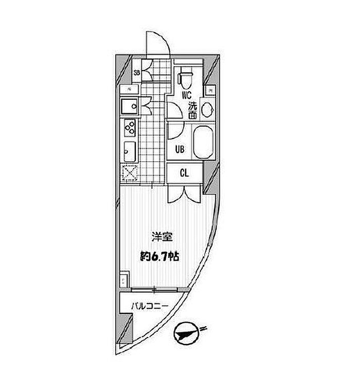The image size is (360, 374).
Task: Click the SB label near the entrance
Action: coord(137,73)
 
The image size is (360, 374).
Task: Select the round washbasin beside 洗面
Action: coord(207,110)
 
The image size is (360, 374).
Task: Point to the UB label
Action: coord(179,150)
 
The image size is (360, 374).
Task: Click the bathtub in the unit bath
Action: coord(202,143)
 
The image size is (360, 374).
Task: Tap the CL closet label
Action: coord(184,173)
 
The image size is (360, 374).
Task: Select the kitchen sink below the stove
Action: coord(129,152)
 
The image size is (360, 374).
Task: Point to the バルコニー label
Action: coord(149,306)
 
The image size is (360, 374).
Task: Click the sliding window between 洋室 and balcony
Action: coord(155,290)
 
